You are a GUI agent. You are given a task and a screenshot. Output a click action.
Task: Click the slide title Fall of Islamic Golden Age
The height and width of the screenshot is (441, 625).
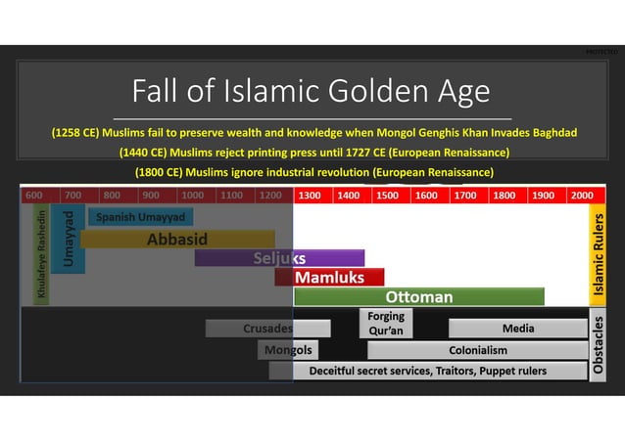pyautogui.click(x=312, y=92)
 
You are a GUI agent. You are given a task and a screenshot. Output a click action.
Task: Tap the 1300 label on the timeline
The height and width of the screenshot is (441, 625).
pyautogui.click(x=310, y=196)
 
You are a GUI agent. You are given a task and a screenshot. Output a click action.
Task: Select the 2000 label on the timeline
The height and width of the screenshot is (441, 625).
pyautogui.click(x=582, y=196)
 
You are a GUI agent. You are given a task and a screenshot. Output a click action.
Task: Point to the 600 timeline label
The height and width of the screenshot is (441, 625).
pyautogui.click(x=34, y=196)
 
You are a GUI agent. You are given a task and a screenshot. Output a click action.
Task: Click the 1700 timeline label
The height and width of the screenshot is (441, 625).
pyautogui.click(x=465, y=196)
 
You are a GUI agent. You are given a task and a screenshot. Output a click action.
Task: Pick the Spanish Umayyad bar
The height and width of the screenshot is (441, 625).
pyautogui.click(x=139, y=217)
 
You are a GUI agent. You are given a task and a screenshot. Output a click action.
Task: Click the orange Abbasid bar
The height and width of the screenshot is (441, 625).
pyautogui.click(x=176, y=239)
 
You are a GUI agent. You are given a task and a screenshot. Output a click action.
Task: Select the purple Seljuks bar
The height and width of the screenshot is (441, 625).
pyautogui.click(x=279, y=258)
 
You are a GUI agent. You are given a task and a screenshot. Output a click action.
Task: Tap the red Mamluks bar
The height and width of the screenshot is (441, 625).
pyautogui.click(x=329, y=278)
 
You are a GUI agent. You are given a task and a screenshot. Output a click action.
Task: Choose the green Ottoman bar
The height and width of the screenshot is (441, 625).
pyautogui.click(x=419, y=296)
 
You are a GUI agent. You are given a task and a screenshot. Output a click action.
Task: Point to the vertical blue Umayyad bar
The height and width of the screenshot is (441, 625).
pyautogui.click(x=69, y=239)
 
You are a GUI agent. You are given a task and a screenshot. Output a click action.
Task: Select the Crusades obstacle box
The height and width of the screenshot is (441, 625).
pyautogui.click(x=267, y=329)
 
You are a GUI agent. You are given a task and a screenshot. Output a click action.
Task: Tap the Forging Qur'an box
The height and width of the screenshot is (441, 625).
pyautogui.click(x=386, y=324)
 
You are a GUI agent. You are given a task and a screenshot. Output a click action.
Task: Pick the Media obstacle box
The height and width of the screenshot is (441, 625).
pyautogui.click(x=517, y=329)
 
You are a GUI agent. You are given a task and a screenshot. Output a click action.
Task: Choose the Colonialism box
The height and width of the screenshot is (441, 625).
pyautogui.click(x=478, y=349)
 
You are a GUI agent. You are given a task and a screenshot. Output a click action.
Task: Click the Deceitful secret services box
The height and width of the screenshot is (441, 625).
pyautogui.click(x=427, y=371)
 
